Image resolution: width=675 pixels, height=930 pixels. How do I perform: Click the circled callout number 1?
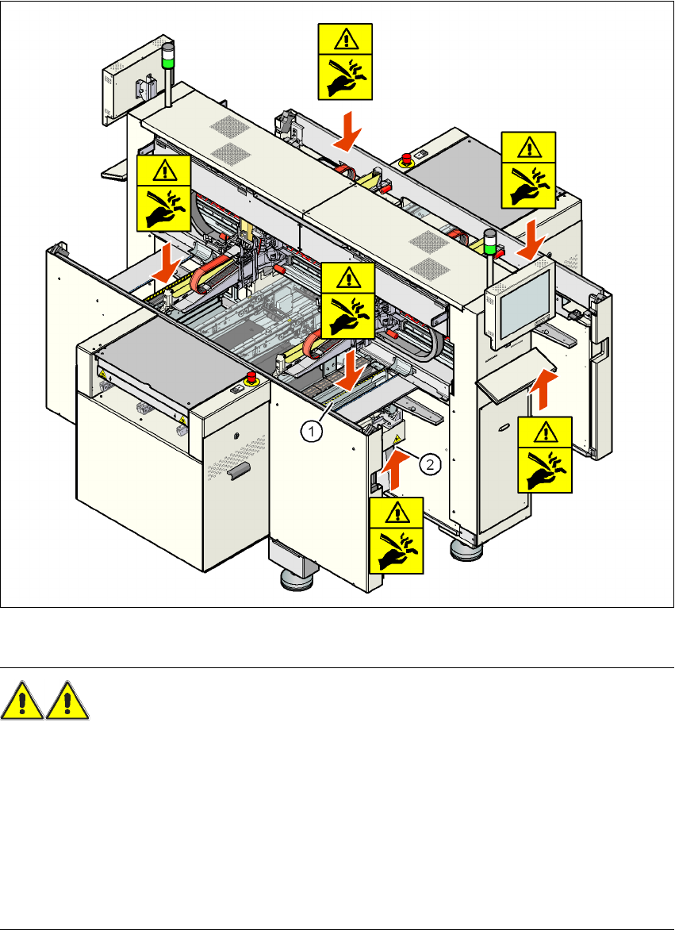point(314,431)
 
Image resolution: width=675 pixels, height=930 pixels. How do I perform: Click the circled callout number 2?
point(428,466)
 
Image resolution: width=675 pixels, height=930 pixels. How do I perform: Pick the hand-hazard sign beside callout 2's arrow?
point(397,534)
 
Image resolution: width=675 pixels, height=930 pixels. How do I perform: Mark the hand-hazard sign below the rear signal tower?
point(163,194)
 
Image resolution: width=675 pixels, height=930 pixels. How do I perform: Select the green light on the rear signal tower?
point(168,60)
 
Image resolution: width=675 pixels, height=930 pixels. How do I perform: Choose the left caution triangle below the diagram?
point(23,701)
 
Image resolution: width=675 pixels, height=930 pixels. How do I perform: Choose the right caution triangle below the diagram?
point(68,701)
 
